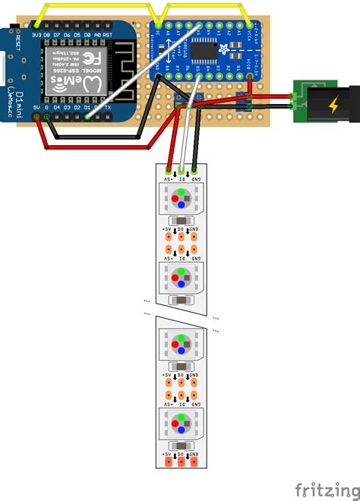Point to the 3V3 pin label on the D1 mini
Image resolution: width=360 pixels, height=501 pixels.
tap(36, 35)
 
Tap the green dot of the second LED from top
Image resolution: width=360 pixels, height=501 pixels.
tap(181, 269)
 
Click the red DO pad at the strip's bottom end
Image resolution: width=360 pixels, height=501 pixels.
tap(181, 462)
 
